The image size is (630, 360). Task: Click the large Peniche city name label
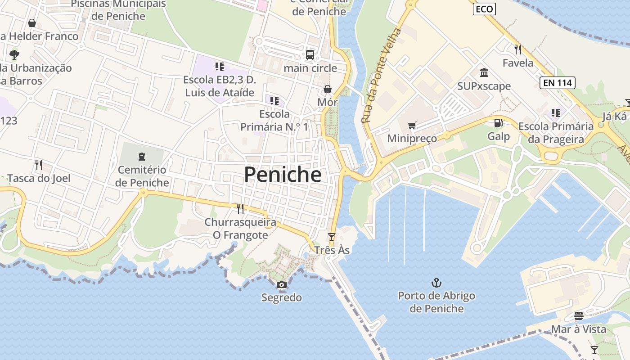[283, 175]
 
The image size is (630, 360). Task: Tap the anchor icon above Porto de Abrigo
[436, 283]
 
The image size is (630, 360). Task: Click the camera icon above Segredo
[282, 284]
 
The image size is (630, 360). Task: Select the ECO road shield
[484, 9]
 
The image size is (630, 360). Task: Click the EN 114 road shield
[557, 82]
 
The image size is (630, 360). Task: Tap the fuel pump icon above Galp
[499, 123]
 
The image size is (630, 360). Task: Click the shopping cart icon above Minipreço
[412, 125]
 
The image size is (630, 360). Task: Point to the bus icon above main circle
[310, 55]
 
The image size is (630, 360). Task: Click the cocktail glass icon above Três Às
[332, 237]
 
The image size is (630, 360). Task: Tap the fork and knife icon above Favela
[518, 49]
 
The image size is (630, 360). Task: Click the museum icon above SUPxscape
[484, 72]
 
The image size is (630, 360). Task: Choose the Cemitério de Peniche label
[142, 176]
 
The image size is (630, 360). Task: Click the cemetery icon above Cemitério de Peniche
[142, 157]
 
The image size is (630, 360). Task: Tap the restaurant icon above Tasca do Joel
[39, 165]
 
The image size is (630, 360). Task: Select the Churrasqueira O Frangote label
[240, 228]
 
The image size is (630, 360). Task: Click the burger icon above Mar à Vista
[579, 316]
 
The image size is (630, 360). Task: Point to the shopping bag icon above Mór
[328, 89]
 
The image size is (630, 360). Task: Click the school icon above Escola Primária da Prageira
[556, 112]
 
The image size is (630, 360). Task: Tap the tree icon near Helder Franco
[14, 55]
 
